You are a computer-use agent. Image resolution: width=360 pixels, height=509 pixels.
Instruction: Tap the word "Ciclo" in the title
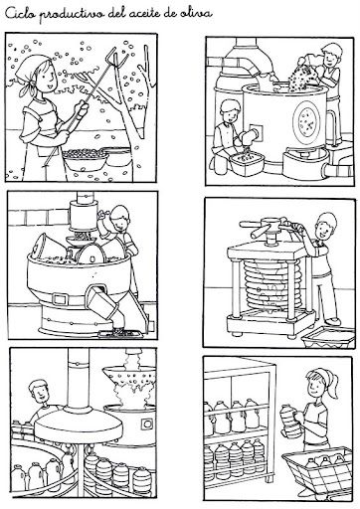pos(19,14)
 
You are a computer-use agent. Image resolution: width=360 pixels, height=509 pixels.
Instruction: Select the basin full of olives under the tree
pos(86,158)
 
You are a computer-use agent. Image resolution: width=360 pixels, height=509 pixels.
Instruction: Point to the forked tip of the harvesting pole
pos(117,57)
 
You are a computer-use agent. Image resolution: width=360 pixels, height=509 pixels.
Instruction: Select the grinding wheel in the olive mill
pos(90,254)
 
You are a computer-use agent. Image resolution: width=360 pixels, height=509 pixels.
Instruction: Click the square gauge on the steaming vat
pos(146,424)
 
